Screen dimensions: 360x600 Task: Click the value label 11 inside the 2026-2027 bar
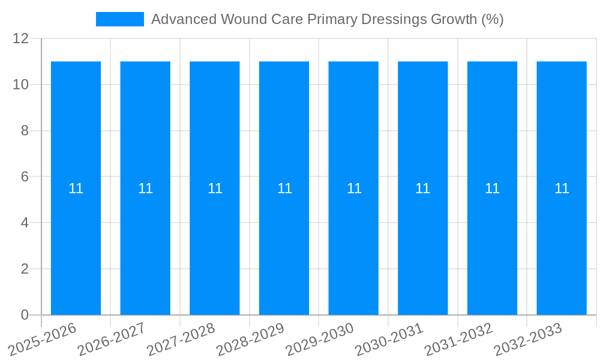click(145, 188)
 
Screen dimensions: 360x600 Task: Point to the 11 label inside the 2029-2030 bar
click(354, 188)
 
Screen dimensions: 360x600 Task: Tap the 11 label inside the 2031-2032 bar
click(492, 188)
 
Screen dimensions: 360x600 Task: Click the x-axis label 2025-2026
click(44, 338)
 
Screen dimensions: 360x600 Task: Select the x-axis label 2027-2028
click(182, 338)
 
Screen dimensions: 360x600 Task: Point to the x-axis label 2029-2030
click(320, 338)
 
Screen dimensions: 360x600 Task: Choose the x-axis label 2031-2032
click(459, 338)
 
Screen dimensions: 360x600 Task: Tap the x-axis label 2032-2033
click(528, 338)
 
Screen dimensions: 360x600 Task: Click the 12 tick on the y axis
click(21, 39)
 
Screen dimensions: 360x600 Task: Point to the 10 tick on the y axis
click(21, 85)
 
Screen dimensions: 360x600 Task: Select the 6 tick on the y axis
click(25, 177)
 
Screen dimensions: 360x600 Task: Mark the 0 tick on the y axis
click(25, 315)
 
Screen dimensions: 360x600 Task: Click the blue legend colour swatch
click(120, 19)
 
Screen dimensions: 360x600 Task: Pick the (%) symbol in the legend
click(493, 19)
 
